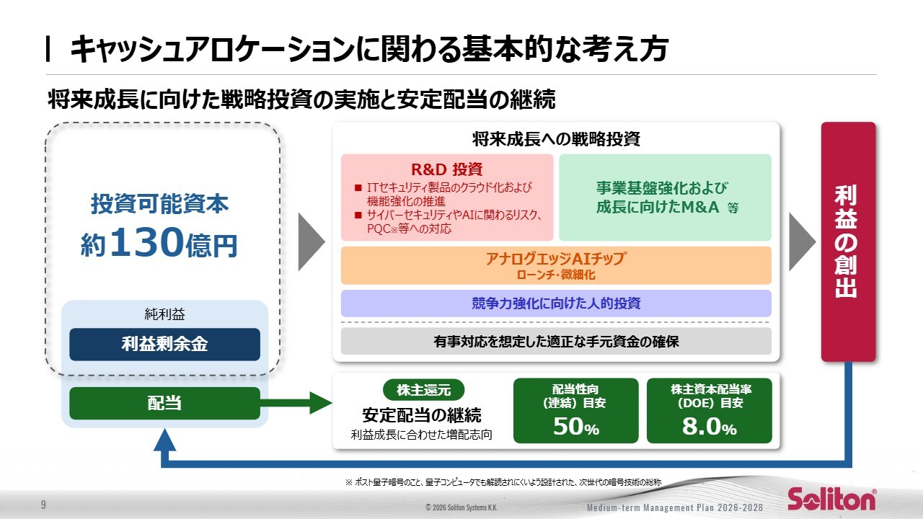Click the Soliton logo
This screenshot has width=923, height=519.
coord(831,499)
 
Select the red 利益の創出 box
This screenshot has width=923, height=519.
coord(848,241)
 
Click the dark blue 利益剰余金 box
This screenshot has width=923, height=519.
coord(164,344)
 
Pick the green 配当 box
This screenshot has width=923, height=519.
coord(164,403)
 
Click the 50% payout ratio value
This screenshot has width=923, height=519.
coord(575,427)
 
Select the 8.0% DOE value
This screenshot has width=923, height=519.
coord(709,427)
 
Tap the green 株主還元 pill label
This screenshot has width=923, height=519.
coord(423,390)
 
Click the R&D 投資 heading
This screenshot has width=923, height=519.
coord(446,169)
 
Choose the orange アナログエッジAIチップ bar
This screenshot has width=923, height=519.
coord(555,265)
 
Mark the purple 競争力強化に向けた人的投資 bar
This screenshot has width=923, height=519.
coord(555,303)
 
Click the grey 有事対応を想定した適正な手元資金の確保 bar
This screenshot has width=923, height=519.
coord(555,341)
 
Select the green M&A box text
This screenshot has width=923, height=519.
coord(665,198)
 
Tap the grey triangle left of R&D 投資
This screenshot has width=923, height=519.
coord(311,241)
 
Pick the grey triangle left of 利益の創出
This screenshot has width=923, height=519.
coord(801,241)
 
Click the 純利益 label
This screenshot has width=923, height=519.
coord(164,314)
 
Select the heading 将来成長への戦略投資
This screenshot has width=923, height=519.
coord(555,138)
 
